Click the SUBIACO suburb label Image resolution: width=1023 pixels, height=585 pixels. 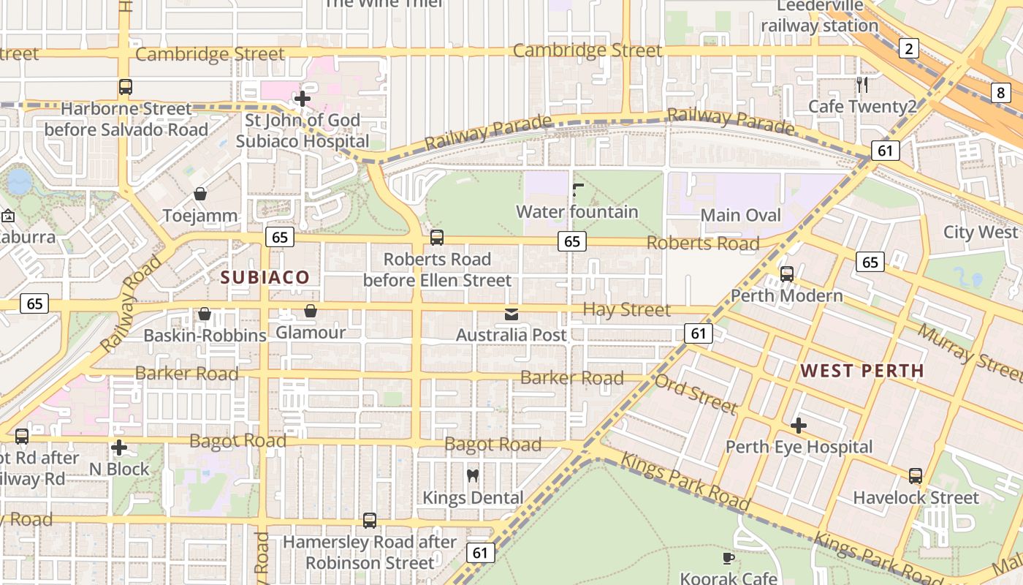(265, 277)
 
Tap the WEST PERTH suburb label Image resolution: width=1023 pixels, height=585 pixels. (862, 371)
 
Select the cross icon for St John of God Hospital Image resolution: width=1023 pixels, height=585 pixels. (302, 98)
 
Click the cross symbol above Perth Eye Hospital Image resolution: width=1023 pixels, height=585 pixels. (799, 425)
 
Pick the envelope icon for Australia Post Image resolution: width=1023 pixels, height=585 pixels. (512, 314)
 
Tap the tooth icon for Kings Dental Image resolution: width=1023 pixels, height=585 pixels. (472, 476)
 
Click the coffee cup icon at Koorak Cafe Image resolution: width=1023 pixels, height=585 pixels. (729, 558)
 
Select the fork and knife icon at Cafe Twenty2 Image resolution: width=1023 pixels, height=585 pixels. (862, 85)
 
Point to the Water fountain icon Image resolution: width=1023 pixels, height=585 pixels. (577, 191)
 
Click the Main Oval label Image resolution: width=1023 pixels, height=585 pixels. (740, 216)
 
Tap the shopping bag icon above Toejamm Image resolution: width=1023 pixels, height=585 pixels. (200, 194)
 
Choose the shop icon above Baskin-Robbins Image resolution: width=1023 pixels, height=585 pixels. (205, 314)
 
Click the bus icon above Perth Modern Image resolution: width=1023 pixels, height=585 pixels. (787, 274)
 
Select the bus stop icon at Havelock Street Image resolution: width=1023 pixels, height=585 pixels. (916, 476)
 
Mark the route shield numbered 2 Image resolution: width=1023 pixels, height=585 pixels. (908, 49)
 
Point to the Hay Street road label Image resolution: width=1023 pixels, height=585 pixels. (626, 310)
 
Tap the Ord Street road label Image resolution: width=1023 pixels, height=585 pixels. (696, 394)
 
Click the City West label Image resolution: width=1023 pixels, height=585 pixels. (980, 233)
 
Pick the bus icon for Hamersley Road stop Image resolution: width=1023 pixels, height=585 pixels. (370, 521)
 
